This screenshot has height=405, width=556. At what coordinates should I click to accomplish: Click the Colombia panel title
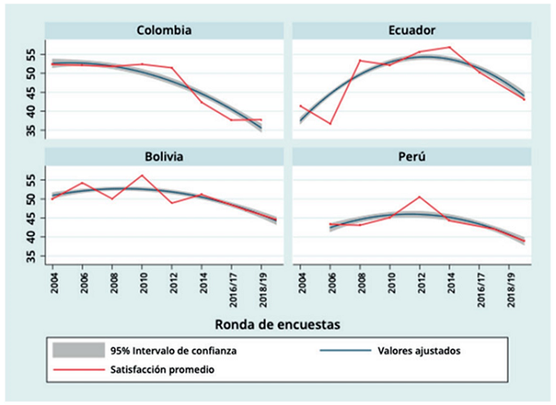coord(163,31)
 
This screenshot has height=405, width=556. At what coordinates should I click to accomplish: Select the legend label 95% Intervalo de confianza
coord(174,351)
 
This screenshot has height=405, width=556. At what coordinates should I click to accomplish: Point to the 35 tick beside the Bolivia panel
coord(33,256)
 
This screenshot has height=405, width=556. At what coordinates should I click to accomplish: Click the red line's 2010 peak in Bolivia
coord(142,176)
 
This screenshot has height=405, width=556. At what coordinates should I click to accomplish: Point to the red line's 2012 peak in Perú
coord(419,197)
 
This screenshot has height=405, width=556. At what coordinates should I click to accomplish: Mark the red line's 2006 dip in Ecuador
coord(330,124)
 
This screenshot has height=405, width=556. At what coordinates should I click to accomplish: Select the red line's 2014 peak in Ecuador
coord(449,47)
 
